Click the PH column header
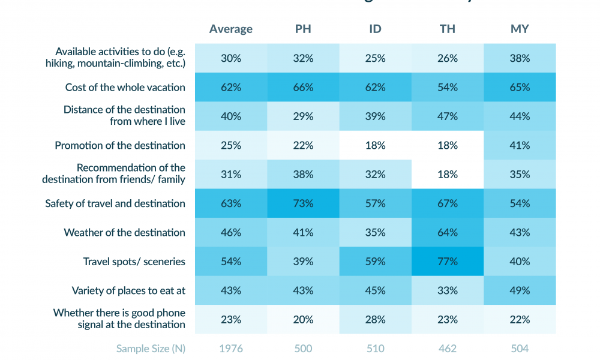[304, 29]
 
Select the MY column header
[520, 29]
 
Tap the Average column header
[231, 29]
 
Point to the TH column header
[448, 29]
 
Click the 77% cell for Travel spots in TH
[448, 262]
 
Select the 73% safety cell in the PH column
[304, 203]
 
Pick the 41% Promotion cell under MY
[520, 145]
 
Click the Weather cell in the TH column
[448, 232]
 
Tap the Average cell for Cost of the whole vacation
[231, 87]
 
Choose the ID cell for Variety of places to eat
[376, 290]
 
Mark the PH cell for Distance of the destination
[304, 116]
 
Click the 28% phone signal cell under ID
[376, 320]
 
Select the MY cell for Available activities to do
[520, 58]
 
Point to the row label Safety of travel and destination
[115, 203]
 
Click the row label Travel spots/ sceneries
[134, 262]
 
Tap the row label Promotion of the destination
[120, 145]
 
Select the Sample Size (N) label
[151, 349]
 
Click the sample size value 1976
[231, 349]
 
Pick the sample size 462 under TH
[448, 349]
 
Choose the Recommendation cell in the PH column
[304, 174]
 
